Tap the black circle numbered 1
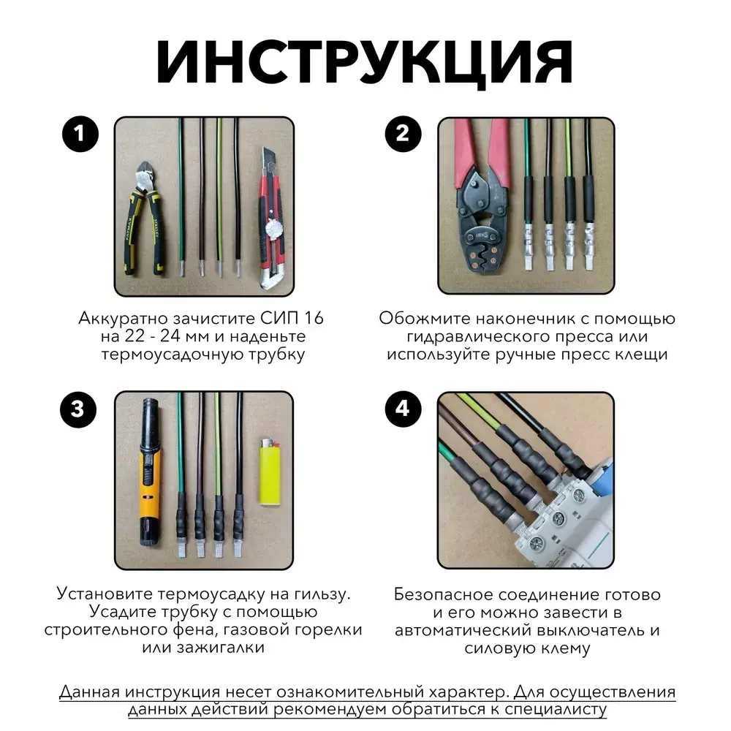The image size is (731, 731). pyautogui.click(x=81, y=135)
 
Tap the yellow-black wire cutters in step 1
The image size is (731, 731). pyautogui.click(x=147, y=219)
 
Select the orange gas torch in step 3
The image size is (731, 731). pyautogui.click(x=149, y=475)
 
